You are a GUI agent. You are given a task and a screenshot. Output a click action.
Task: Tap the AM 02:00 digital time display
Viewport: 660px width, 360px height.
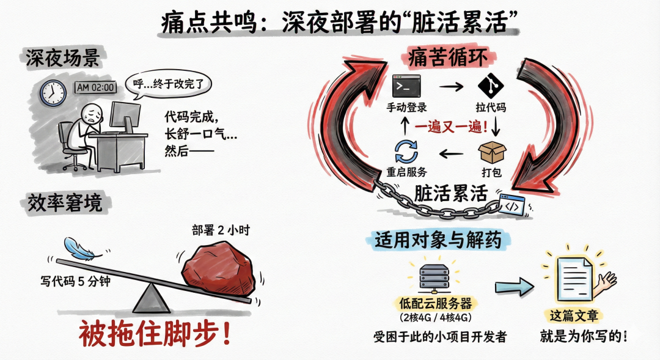pos(95,87)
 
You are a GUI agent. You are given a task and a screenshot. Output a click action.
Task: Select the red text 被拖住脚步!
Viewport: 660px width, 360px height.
pos(155,334)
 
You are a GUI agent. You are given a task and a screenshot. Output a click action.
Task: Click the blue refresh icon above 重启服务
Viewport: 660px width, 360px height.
pos(406,152)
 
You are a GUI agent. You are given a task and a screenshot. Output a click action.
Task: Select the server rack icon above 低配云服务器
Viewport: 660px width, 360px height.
pos(435,275)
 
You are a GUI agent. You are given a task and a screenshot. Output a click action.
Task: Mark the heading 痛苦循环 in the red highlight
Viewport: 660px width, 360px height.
pos(449,57)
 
